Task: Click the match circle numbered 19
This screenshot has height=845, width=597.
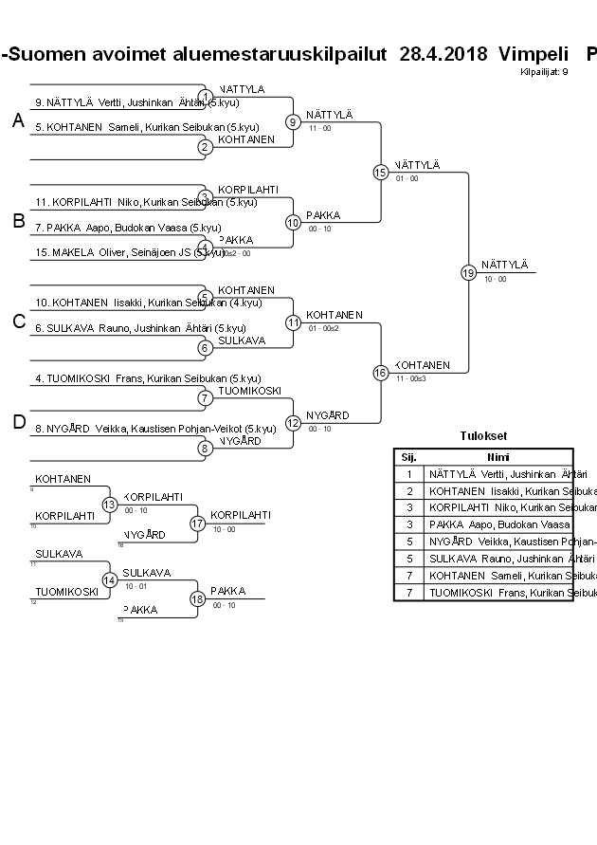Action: [468, 272]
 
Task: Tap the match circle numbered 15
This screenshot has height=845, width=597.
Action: [380, 173]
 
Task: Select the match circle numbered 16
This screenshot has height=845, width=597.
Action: [380, 373]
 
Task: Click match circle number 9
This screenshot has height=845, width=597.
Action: [293, 121]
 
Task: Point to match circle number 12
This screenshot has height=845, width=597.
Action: [293, 423]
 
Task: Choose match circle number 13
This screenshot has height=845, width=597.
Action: [110, 505]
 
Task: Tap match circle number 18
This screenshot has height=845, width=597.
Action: [198, 598]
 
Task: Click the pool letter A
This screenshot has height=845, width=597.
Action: [18, 120]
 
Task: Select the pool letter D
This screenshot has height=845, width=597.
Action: [18, 422]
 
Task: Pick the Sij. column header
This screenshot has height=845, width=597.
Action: [409, 456]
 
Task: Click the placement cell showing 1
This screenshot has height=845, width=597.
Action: [409, 473]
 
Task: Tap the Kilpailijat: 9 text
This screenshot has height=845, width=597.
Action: [544, 72]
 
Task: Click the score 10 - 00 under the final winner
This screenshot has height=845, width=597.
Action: [495, 279]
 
